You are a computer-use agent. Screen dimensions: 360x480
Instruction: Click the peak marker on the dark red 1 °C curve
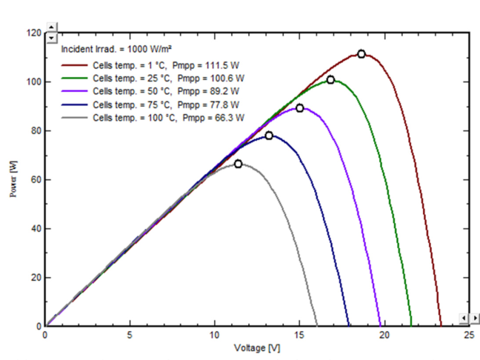[361, 54]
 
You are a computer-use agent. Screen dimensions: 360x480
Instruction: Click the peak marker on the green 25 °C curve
[330, 79]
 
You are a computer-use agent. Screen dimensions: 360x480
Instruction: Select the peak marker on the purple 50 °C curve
[300, 108]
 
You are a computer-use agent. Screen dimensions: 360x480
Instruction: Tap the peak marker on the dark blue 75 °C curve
[269, 136]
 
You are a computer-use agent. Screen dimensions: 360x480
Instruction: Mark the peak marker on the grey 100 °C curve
[238, 164]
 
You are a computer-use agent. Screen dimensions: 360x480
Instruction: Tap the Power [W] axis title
[13, 179]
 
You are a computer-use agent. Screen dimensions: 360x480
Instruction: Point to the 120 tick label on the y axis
[33, 33]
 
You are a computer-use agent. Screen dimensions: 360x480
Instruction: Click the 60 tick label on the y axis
[36, 179]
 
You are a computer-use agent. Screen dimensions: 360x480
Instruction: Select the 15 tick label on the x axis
[299, 336]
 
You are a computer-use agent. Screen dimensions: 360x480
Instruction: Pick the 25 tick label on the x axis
[469, 336]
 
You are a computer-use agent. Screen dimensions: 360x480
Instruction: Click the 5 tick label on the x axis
[130, 336]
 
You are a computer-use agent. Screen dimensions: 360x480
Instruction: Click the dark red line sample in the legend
[74, 65]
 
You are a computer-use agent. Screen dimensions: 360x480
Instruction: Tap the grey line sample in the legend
[74, 118]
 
